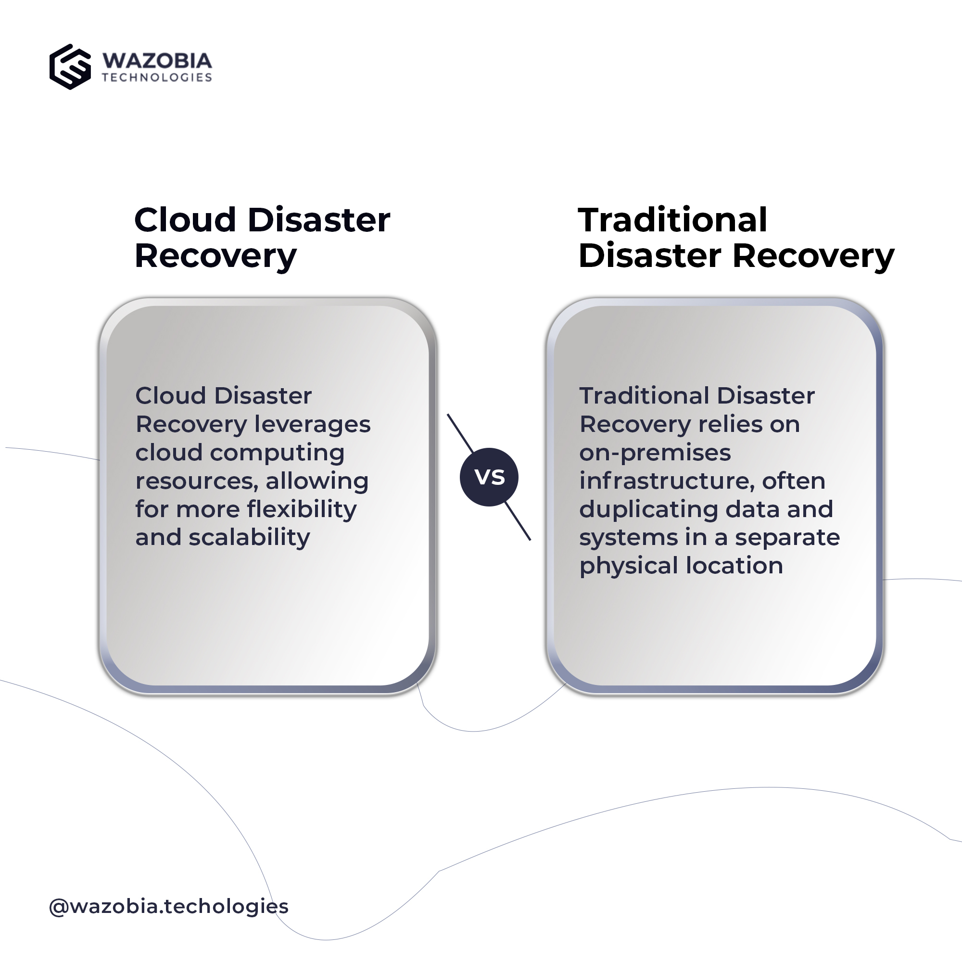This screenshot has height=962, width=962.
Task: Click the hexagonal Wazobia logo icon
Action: click(70, 67)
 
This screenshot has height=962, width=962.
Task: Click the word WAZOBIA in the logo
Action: click(157, 61)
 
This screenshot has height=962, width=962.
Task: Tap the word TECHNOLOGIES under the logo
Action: click(157, 77)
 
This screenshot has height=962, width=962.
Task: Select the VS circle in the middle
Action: click(489, 477)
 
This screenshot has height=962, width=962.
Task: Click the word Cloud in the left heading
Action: click(185, 220)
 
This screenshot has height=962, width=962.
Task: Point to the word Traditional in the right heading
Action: click(673, 220)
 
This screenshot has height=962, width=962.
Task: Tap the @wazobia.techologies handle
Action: click(169, 906)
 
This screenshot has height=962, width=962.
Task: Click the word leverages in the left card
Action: click(313, 425)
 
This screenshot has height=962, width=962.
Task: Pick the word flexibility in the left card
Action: click(302, 510)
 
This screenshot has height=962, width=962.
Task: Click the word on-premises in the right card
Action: click(655, 454)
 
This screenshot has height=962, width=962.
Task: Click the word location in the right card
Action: click(734, 566)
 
